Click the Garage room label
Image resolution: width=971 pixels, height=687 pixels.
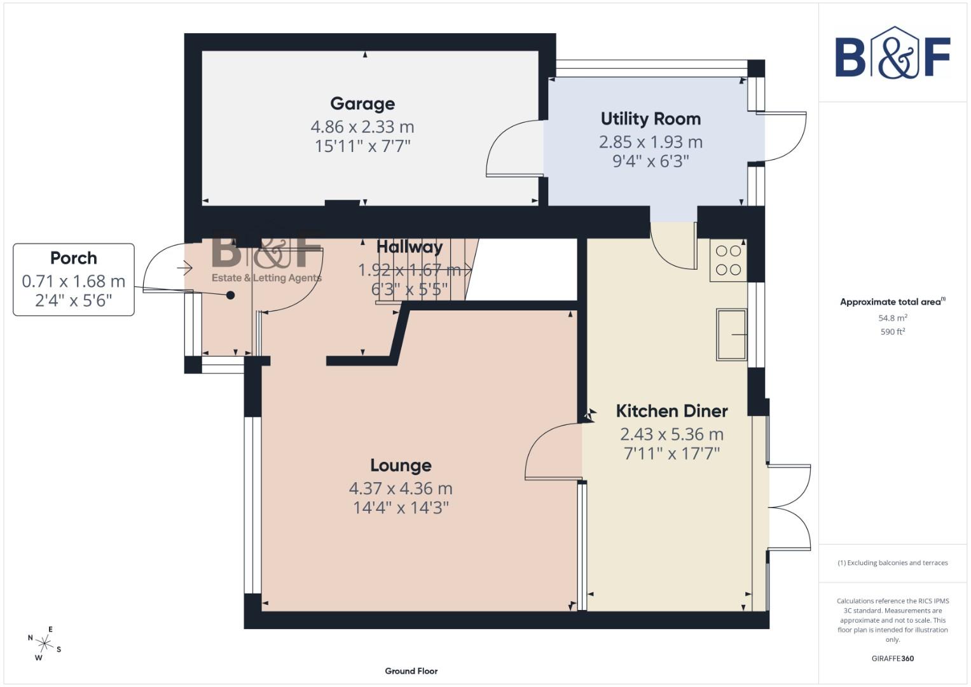[362, 104]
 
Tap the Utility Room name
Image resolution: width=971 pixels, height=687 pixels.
[651, 119]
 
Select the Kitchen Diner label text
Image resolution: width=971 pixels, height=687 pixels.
[671, 411]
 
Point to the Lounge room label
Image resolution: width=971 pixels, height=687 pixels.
[401, 466]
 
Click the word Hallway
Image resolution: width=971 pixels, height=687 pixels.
[409, 247]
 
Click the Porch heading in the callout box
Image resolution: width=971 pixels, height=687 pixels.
[74, 258]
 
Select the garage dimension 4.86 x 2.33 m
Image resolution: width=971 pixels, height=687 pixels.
[362, 127]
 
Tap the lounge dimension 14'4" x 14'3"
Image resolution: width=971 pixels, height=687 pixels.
[401, 508]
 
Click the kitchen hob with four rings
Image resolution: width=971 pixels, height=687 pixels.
[728, 260]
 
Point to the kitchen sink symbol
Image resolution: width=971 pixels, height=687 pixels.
[731, 334]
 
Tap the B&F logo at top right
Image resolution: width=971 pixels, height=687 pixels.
[892, 53]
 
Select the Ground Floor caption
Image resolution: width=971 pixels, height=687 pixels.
[411, 671]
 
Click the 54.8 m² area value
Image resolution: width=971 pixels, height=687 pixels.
[892, 318]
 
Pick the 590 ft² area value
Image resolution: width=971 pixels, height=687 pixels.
[892, 332]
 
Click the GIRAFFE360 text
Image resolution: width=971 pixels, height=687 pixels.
[892, 658]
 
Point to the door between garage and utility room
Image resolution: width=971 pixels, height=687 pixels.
[515, 149]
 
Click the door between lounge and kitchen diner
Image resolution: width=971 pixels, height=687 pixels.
[553, 452]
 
